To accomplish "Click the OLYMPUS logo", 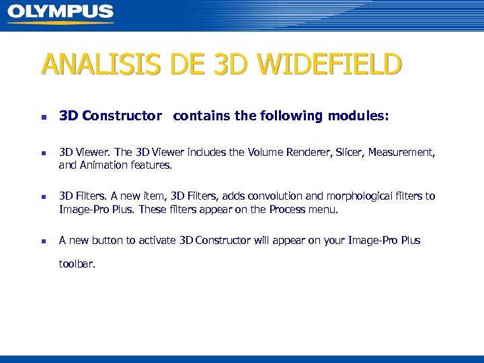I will coord(61,13).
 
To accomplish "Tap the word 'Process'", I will coord(287,209).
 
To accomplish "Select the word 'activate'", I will coord(157,240).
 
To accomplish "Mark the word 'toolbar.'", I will coord(77,264).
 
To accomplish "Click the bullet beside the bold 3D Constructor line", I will coord(44,117).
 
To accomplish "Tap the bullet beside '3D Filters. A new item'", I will coord(44,198).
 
